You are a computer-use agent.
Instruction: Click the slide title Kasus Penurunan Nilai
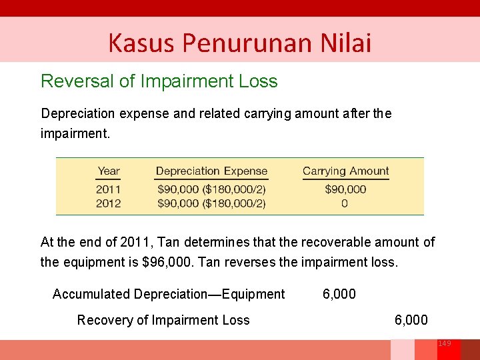coord(239,43)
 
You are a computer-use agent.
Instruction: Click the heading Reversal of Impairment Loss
coord(159,81)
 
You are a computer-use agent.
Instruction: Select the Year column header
coord(109,171)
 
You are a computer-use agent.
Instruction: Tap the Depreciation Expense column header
coord(211,171)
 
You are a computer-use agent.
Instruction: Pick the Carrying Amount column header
coord(345,171)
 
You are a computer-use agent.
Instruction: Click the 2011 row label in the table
coord(109,189)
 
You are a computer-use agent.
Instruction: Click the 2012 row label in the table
coord(109,203)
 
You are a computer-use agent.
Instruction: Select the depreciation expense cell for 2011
coord(211,189)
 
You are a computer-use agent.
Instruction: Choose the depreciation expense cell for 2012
coord(211,203)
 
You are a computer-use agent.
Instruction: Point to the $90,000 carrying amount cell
coord(345,189)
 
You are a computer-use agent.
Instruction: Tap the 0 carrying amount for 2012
coord(345,203)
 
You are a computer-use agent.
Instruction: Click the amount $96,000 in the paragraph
coord(165,262)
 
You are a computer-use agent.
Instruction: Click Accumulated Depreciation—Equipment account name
coord(169,294)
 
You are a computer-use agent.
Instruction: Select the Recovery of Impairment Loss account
coord(163,320)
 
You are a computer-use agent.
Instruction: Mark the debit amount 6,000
coord(339,294)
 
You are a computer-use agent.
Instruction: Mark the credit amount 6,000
coord(411,320)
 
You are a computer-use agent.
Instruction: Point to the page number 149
coord(444,343)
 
